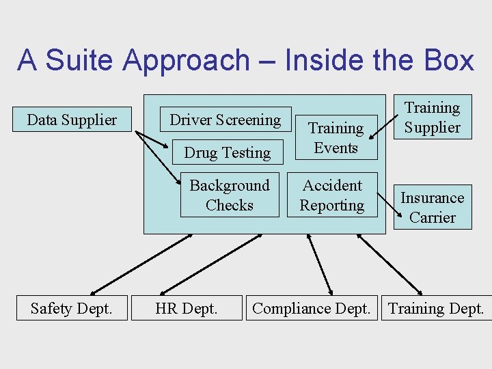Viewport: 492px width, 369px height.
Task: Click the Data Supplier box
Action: pos(72,120)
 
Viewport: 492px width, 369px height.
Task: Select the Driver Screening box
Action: pos(225,120)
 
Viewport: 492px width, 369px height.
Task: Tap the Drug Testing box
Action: pos(228,152)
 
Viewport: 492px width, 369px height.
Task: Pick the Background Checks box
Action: pos(230,195)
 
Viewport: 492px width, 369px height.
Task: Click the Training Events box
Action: pos(336,138)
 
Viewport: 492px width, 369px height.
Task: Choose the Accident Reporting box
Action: pos(332,195)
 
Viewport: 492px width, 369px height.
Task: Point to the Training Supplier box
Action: pos(432,117)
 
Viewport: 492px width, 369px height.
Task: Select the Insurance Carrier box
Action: pos(432,207)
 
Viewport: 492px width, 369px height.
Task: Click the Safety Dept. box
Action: pos(71,308)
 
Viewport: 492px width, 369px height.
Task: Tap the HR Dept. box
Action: pos(187,308)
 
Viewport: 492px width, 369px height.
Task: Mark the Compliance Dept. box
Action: pos(311,308)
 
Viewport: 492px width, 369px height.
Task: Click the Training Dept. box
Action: pos(436,308)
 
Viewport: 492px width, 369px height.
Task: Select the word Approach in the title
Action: pos(187,60)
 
